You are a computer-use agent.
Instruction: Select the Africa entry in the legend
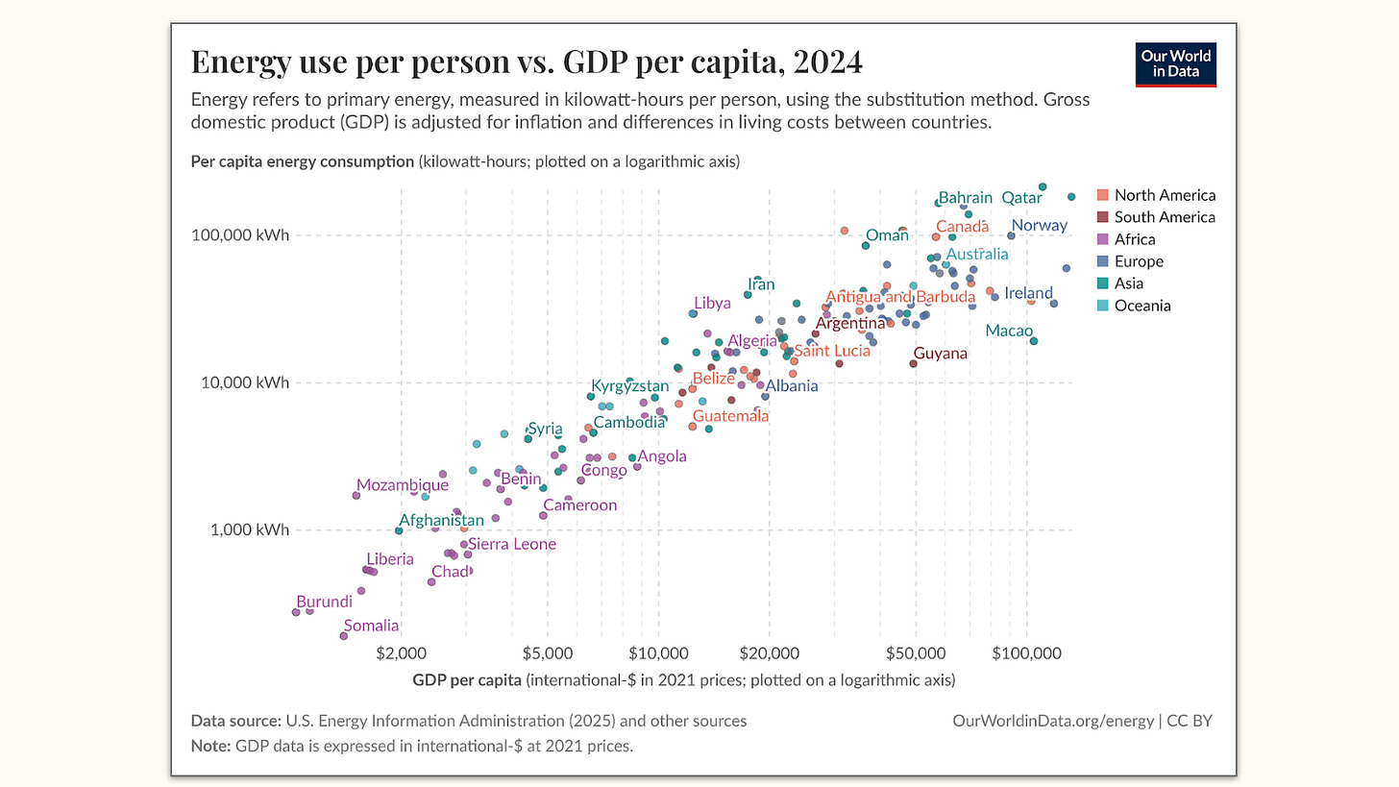[1134, 239]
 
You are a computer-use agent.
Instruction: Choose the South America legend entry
[1164, 217]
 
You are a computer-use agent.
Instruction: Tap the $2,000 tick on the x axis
[401, 653]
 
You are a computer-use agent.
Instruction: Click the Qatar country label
[1021, 198]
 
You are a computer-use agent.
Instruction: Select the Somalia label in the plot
[371, 626]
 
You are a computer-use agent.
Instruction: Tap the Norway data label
[1039, 226]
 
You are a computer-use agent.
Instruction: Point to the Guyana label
[940, 354]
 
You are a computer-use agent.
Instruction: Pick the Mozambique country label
[402, 485]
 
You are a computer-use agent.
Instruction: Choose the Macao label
[1009, 332]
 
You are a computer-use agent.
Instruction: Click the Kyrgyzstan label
[629, 386]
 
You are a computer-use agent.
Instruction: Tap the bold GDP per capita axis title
[468, 680]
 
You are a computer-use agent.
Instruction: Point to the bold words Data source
[235, 721]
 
